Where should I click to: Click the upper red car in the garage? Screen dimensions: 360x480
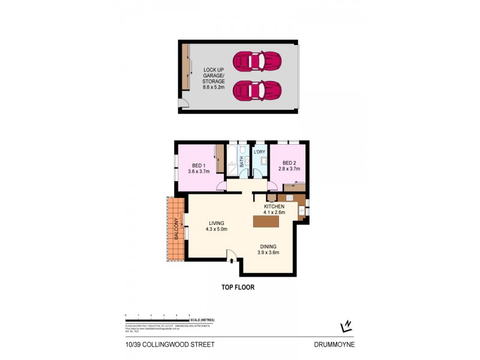point(256,60)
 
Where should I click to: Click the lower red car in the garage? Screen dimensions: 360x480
point(256,91)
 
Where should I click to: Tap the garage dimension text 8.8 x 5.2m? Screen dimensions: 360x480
point(214,88)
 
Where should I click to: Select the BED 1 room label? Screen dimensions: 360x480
point(199,166)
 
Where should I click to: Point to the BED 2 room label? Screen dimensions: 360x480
point(289,163)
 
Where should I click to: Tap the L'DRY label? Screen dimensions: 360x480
point(260,152)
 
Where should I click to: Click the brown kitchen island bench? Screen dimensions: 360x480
point(266,221)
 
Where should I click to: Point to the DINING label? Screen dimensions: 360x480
point(268,246)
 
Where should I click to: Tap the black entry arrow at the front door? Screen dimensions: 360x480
point(230,260)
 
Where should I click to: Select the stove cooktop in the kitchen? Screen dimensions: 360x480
point(289,198)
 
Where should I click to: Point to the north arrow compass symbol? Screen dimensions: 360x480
point(346,326)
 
